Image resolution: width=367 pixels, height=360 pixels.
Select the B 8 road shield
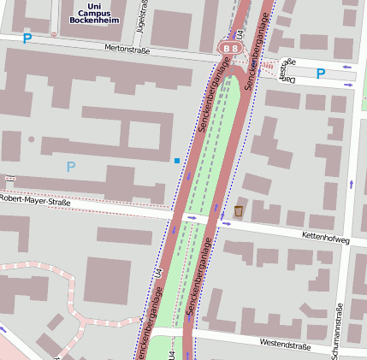click(x=230, y=49)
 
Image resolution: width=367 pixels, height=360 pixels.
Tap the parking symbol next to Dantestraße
click(x=320, y=74)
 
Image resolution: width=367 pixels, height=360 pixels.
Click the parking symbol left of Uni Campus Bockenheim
click(x=27, y=38)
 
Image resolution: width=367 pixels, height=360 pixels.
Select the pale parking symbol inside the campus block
click(x=70, y=166)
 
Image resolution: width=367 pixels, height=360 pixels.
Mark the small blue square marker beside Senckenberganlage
click(x=177, y=160)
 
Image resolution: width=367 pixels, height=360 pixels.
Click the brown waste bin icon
click(x=239, y=210)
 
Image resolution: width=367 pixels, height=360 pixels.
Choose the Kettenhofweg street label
click(x=326, y=239)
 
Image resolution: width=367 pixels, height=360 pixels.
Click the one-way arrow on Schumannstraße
click(x=351, y=183)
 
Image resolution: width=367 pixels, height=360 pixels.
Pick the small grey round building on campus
click(x=32, y=139)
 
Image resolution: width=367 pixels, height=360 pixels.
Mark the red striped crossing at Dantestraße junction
click(x=269, y=65)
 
